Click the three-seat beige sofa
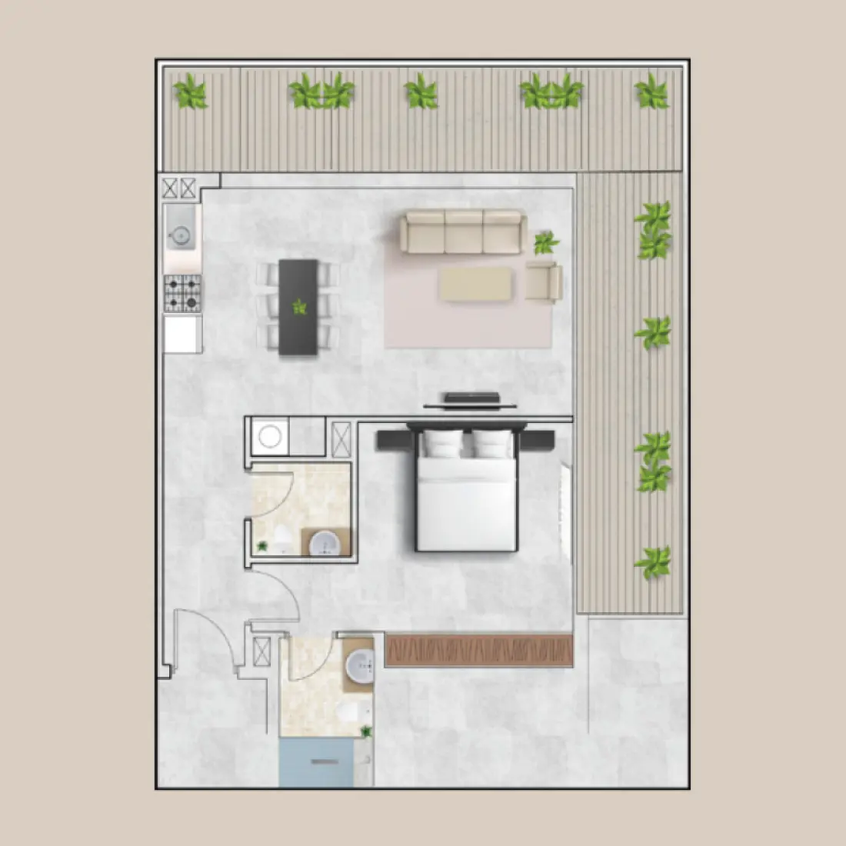tap(464, 232)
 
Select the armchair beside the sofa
tap(544, 281)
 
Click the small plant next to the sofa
tap(546, 243)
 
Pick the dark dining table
tap(298, 306)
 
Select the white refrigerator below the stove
tap(183, 334)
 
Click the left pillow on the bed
tap(441, 445)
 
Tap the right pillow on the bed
tap(492, 445)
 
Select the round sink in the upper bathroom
tap(326, 543)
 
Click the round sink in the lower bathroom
tap(360, 665)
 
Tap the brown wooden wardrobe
tap(479, 651)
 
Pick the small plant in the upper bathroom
tap(263, 546)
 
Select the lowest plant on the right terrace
tap(653, 562)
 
